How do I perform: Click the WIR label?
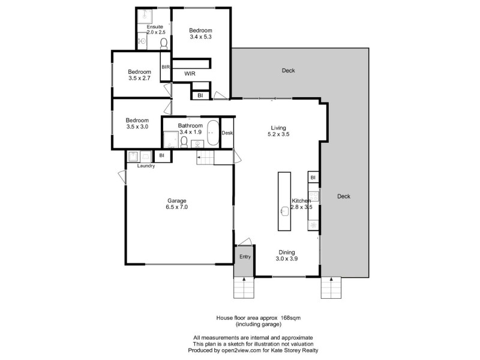click(x=189, y=73)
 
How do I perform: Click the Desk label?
click(x=227, y=133)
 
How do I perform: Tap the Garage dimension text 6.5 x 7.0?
click(x=176, y=207)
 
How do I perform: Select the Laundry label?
click(x=146, y=166)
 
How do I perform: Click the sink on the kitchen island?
click(x=284, y=210)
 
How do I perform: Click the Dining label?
click(x=287, y=252)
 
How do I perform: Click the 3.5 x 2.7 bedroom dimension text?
click(x=139, y=78)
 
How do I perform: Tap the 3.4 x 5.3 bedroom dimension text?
click(x=200, y=37)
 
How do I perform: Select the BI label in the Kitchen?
click(x=313, y=178)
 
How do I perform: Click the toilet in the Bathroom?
click(x=185, y=142)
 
